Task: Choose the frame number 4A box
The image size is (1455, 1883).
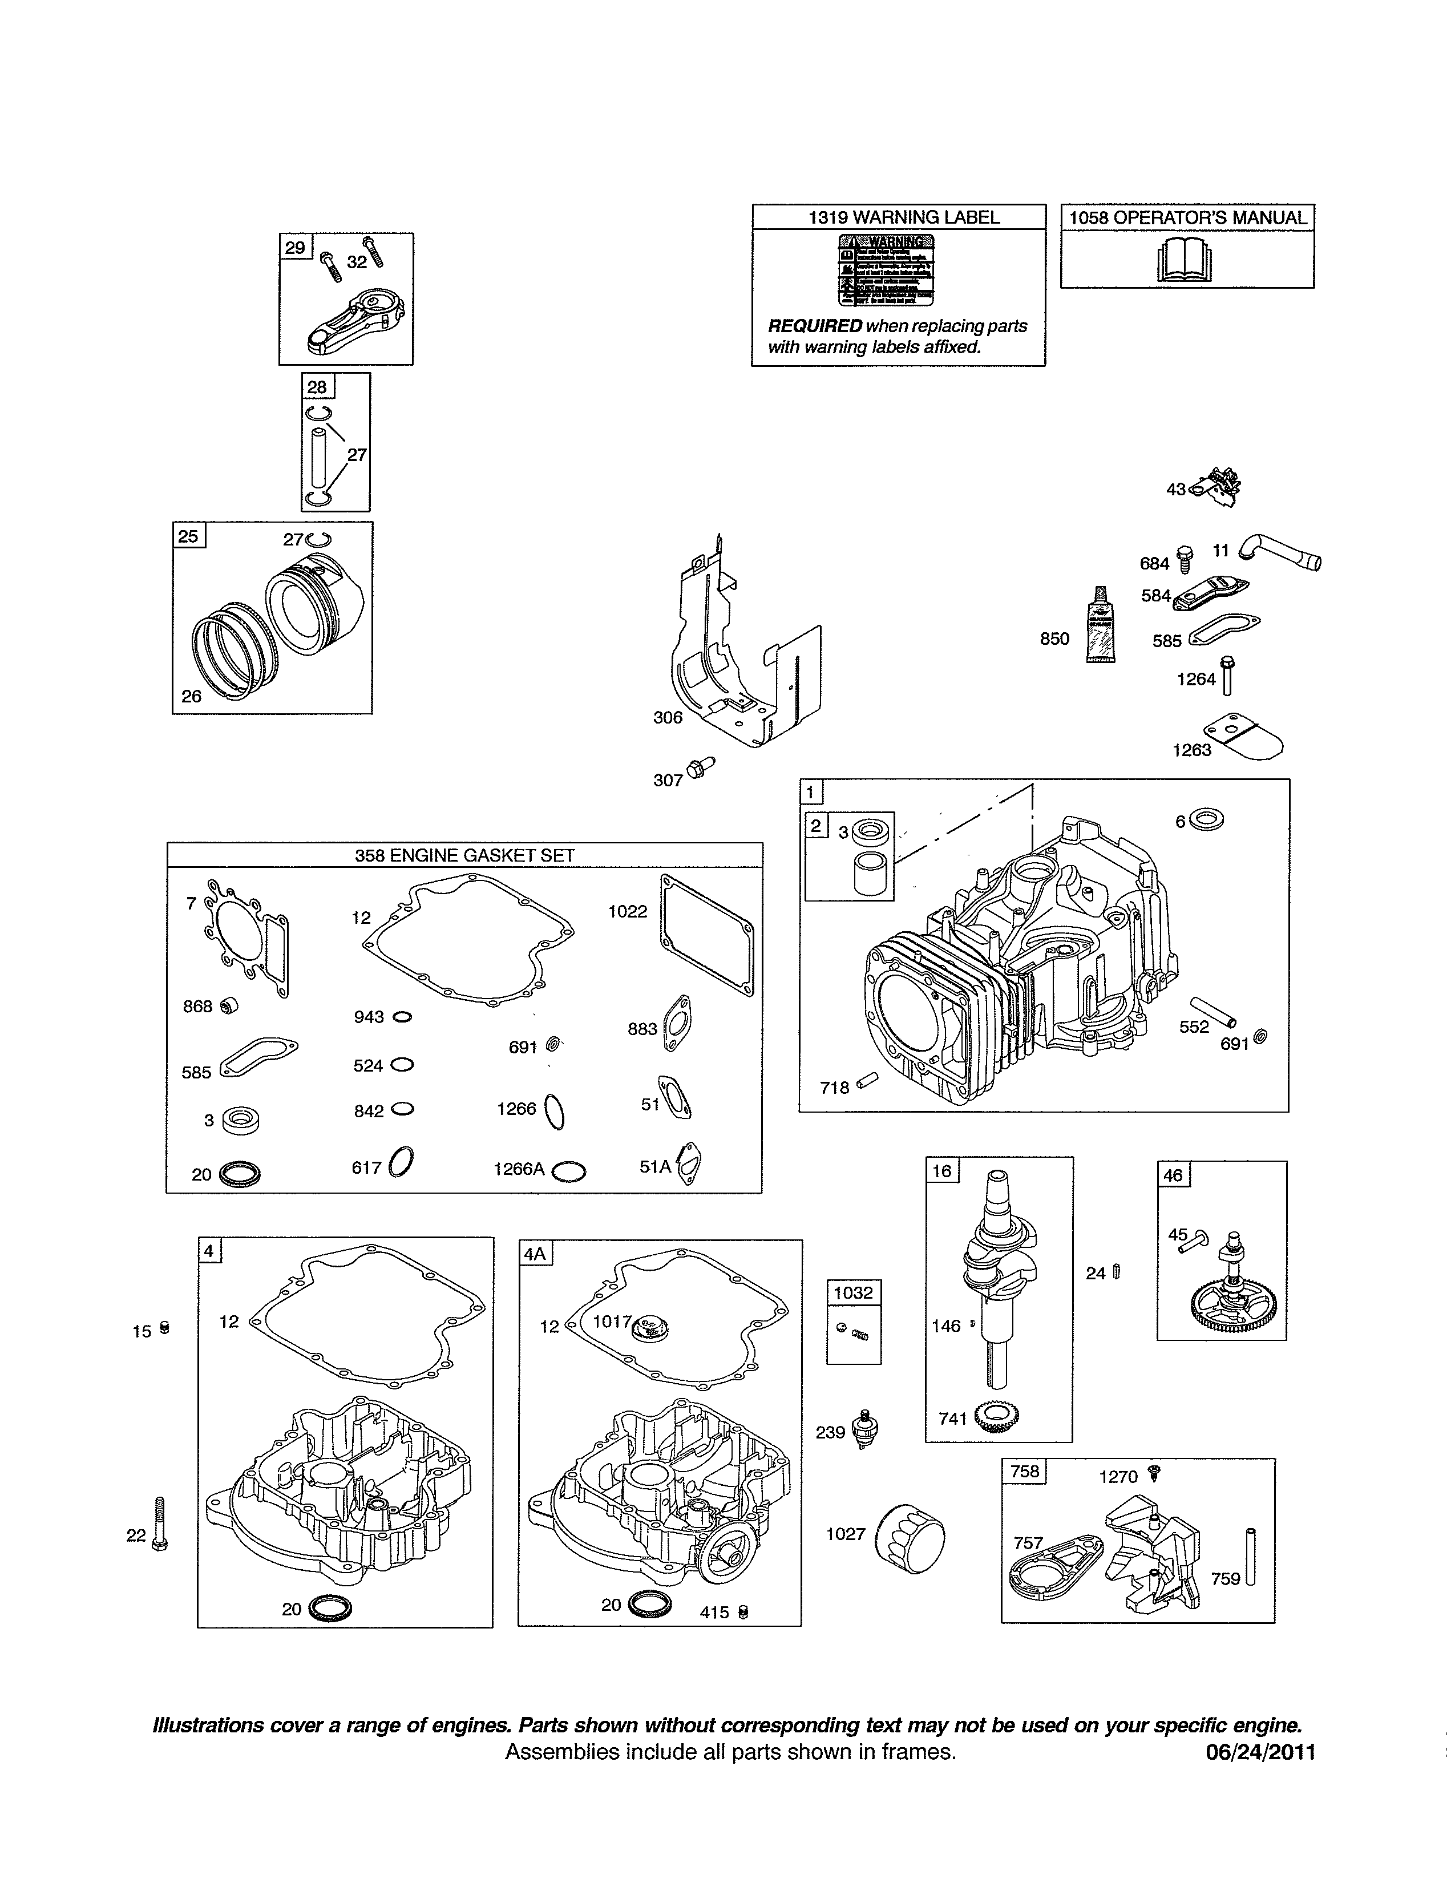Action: coord(535,1252)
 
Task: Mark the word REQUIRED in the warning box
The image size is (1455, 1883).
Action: coord(815,326)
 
